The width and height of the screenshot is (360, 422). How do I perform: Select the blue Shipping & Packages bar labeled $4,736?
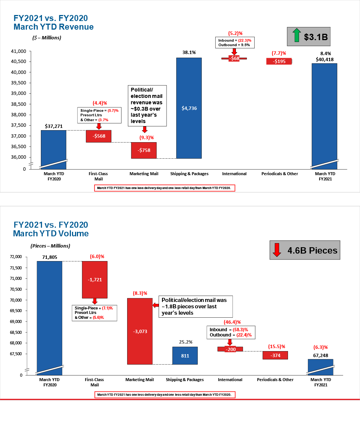(189, 108)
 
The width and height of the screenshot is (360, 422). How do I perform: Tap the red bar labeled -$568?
(99, 136)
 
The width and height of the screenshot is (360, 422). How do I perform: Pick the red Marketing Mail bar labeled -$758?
(144, 150)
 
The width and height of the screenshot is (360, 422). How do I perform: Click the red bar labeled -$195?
(279, 61)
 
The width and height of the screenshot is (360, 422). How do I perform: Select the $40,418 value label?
(324, 59)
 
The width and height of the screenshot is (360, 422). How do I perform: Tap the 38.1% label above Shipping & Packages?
(189, 53)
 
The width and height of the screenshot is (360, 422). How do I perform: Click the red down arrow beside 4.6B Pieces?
(277, 250)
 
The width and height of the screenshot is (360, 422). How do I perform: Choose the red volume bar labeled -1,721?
(95, 279)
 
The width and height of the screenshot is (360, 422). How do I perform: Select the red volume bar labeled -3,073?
(140, 331)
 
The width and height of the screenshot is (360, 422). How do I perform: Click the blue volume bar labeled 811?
(185, 355)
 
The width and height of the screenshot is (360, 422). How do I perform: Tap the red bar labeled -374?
(275, 355)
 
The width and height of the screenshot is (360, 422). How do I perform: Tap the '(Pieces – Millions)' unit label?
(50, 246)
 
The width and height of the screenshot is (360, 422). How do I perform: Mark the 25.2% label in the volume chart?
(185, 342)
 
